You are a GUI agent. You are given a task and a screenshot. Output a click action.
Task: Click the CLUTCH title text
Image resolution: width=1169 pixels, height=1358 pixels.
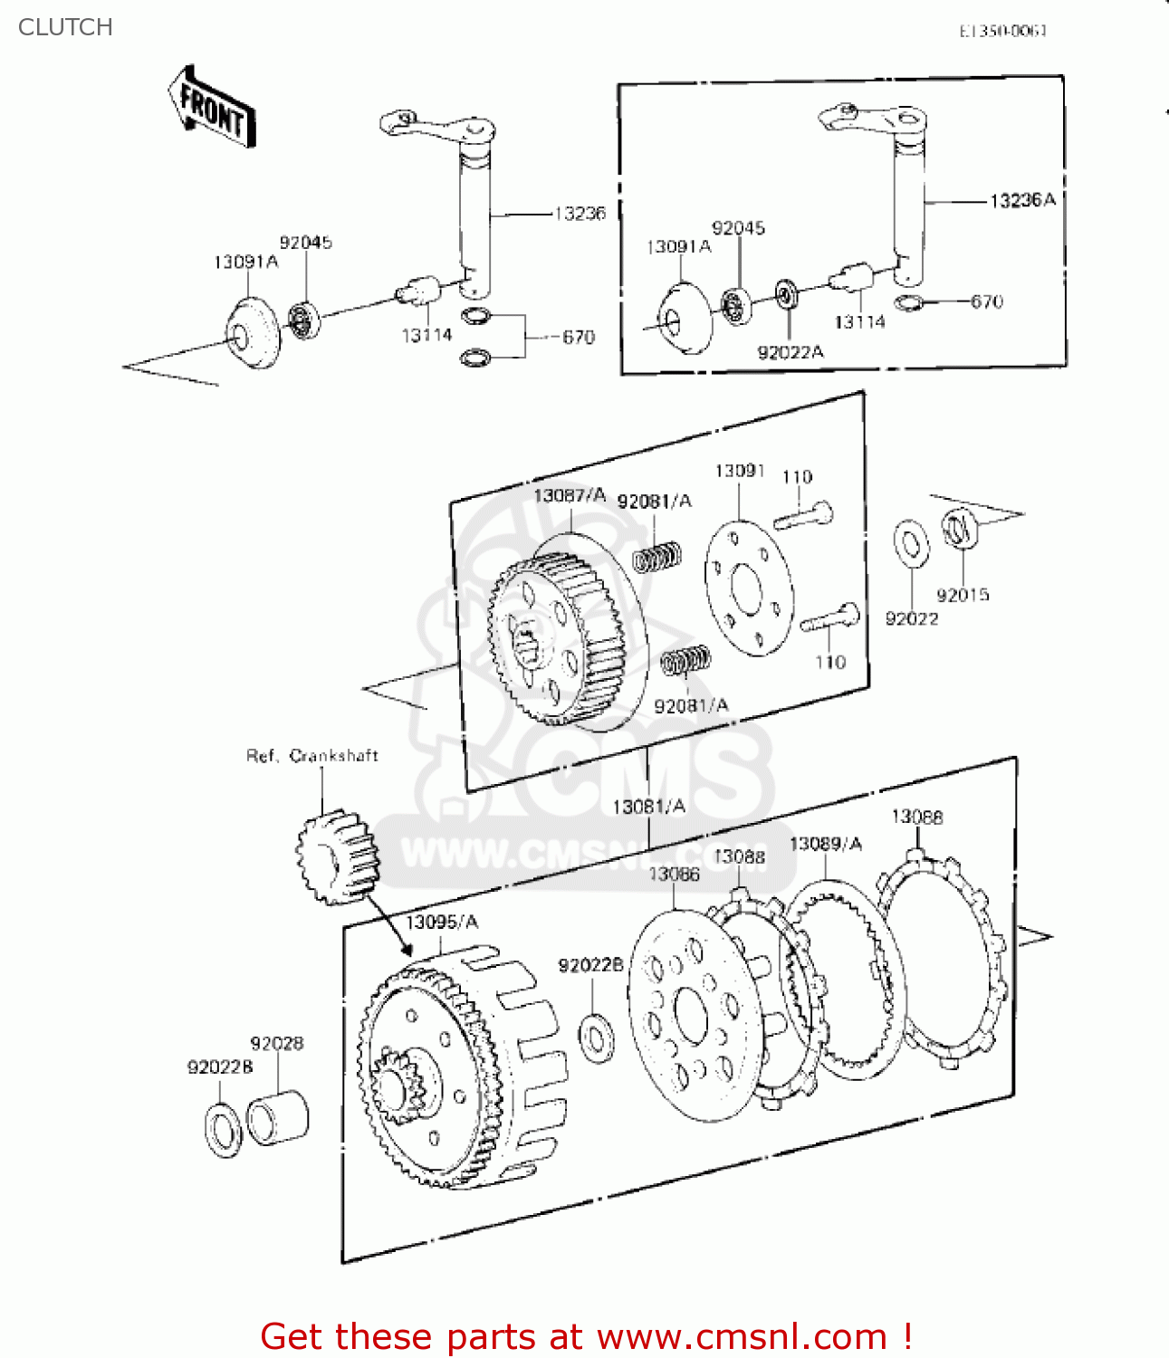[x=65, y=27]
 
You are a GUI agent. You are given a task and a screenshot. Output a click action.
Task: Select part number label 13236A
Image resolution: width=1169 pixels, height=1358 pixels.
[x=1022, y=200]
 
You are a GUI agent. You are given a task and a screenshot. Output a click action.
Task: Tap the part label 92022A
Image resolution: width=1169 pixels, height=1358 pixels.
[x=791, y=352]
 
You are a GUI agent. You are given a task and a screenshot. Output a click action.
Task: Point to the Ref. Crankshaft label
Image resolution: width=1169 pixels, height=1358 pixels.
[x=311, y=756]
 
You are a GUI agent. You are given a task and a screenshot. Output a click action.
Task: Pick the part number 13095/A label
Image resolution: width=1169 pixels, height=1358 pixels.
[x=442, y=922]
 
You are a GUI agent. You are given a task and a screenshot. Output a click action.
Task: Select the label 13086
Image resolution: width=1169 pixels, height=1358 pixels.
[x=674, y=874]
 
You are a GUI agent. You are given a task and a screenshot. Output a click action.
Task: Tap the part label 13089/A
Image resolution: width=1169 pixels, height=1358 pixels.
[x=826, y=844]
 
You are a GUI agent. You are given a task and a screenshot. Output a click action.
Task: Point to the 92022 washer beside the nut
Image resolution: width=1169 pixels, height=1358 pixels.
[x=911, y=544]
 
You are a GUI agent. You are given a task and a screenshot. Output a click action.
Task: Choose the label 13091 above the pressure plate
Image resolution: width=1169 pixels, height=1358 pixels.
[x=740, y=471]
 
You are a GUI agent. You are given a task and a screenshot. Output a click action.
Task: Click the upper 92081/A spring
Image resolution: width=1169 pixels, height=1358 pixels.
[x=656, y=557]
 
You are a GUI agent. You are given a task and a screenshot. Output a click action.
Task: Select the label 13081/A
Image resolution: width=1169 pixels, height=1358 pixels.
[x=649, y=806]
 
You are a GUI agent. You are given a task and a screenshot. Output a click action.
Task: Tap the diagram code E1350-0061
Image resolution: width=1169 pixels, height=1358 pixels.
[x=1003, y=31]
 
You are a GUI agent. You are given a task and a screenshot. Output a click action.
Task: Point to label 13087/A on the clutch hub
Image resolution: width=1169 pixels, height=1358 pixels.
[x=569, y=495]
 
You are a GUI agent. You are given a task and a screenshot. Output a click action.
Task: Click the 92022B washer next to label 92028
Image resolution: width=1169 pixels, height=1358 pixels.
[x=223, y=1129]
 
